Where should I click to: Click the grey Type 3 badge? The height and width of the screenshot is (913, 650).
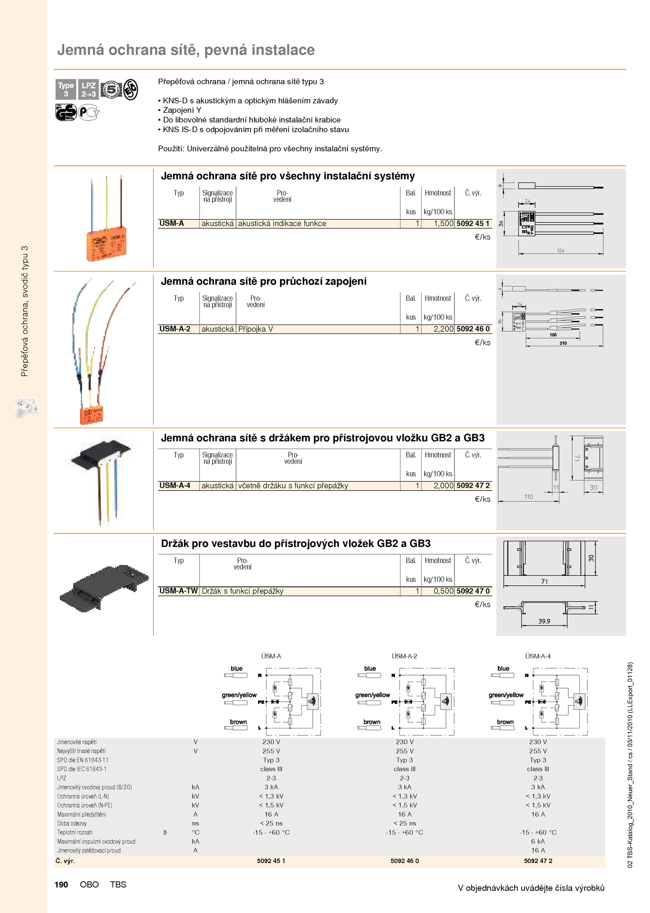(x=66, y=89)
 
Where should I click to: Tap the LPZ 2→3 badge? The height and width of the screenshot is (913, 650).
(x=89, y=89)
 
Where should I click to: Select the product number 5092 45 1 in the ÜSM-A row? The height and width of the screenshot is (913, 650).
(x=473, y=223)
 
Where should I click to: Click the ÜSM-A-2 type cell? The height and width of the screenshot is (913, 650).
(x=175, y=329)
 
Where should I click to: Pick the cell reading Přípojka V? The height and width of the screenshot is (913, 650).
(x=256, y=329)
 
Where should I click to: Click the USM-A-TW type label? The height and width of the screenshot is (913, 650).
(x=178, y=591)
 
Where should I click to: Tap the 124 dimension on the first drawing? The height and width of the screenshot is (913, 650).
(x=561, y=251)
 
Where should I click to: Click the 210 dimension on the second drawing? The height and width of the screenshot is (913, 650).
(x=563, y=343)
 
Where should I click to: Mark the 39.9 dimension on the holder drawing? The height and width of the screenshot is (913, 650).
(x=544, y=621)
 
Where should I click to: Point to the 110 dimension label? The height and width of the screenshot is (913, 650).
(x=529, y=497)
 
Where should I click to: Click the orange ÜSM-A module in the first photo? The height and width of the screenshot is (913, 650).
(x=106, y=244)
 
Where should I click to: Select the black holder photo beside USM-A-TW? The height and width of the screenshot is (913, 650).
(x=104, y=588)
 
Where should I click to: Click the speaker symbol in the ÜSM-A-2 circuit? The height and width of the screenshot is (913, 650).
(x=446, y=701)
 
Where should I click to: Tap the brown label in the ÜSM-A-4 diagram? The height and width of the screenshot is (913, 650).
(x=505, y=722)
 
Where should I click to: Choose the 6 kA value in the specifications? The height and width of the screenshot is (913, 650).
(x=538, y=841)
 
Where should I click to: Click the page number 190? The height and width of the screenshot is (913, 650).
(x=61, y=885)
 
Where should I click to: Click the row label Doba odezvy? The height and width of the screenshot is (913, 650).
(x=72, y=823)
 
